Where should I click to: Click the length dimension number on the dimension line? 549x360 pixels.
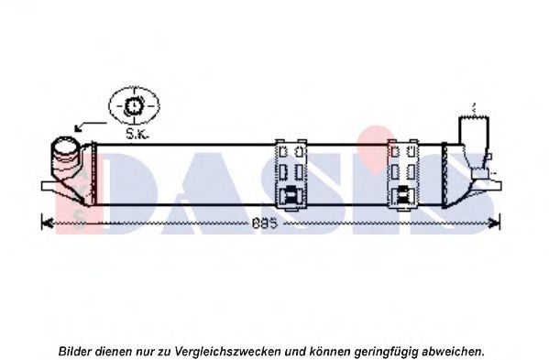(264, 224)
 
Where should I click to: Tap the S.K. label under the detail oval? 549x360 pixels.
(137, 134)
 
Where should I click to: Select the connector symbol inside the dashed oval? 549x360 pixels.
(134, 105)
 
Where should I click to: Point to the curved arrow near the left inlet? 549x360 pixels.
(91, 125)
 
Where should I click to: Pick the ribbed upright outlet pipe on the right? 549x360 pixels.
(474, 140)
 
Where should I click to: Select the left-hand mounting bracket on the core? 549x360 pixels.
(291, 175)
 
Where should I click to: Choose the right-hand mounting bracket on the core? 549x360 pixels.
(403, 175)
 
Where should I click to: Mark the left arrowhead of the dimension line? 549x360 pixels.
(47, 223)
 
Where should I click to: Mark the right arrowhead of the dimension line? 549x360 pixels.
(495, 223)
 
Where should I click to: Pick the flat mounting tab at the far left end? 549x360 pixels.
(49, 186)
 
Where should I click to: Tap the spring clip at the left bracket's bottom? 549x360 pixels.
(291, 195)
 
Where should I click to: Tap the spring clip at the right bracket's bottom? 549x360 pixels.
(403, 195)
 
